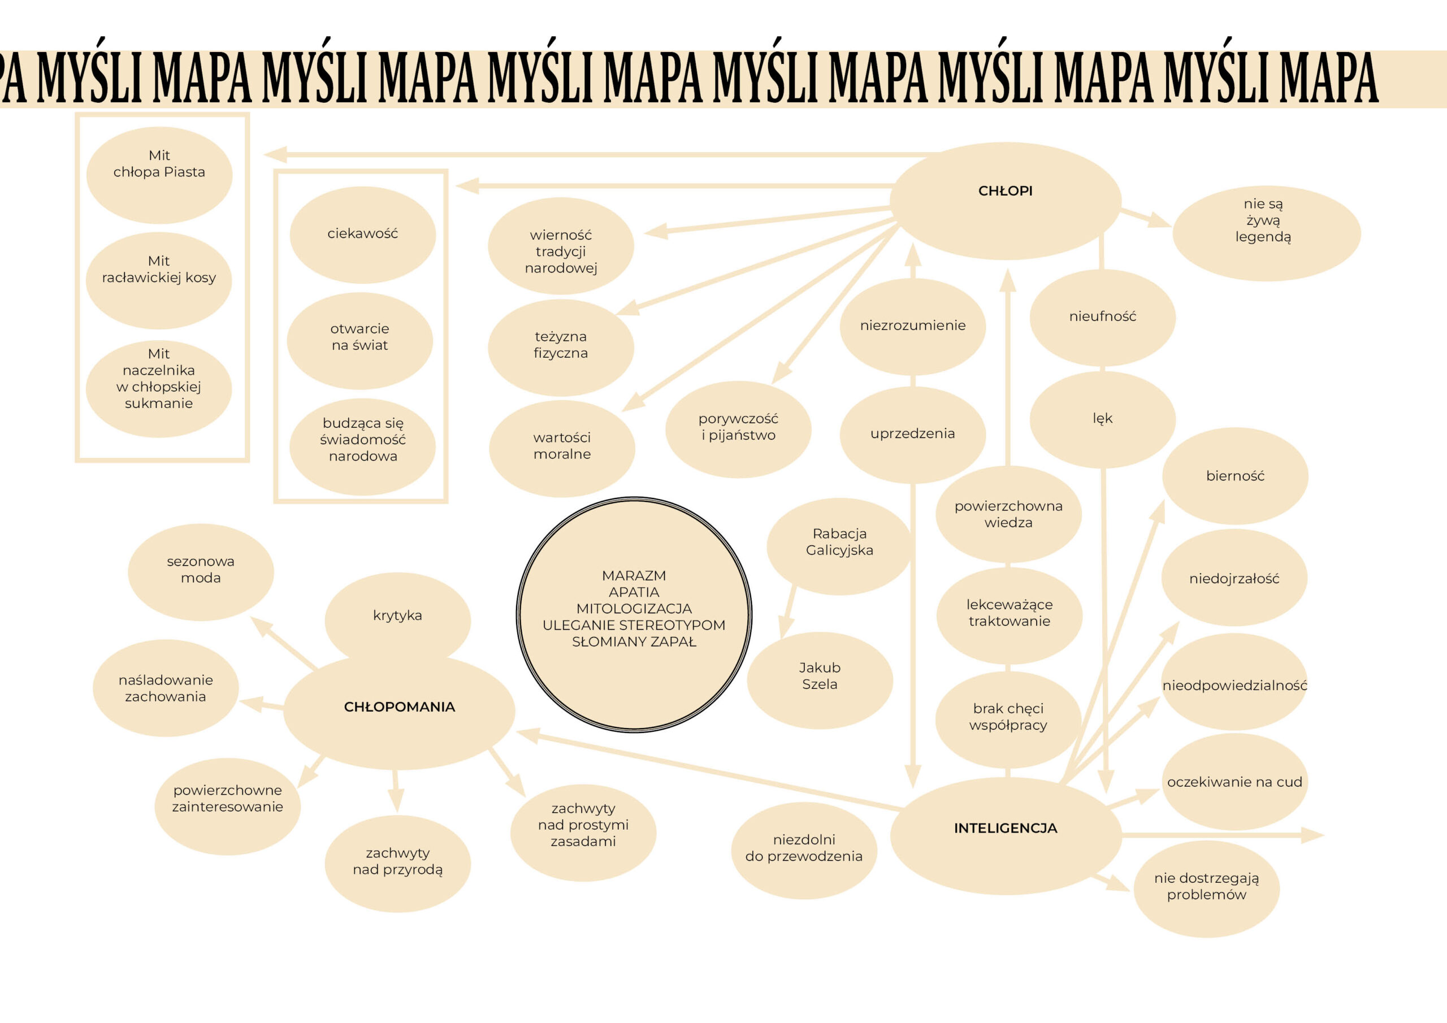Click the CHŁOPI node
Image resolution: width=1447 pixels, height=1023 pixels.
(x=1005, y=201)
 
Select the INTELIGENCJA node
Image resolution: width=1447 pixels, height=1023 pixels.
(x=1005, y=836)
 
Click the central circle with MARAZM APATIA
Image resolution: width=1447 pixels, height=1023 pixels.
(x=634, y=614)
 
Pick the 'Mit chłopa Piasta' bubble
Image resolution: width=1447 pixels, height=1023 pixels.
(x=159, y=175)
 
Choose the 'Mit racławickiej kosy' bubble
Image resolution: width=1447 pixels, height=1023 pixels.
(x=159, y=280)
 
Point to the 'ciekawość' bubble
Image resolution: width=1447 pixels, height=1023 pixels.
(x=362, y=235)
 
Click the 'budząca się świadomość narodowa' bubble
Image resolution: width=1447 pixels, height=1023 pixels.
(x=362, y=447)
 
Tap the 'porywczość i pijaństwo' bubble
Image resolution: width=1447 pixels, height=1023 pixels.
(x=738, y=429)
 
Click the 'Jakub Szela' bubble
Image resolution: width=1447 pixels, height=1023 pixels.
(x=819, y=680)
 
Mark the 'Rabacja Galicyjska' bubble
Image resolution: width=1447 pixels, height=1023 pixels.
(x=839, y=546)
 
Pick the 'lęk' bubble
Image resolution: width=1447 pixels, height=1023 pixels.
(x=1102, y=419)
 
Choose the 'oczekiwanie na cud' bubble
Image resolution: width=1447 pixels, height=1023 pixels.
(x=1234, y=782)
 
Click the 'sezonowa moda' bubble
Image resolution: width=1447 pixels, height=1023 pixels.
(x=201, y=572)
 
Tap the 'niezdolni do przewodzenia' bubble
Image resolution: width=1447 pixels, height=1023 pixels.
(x=804, y=850)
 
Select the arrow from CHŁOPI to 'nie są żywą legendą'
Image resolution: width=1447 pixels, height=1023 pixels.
(x=1145, y=216)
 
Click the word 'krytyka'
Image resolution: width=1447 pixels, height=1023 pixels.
(x=397, y=615)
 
